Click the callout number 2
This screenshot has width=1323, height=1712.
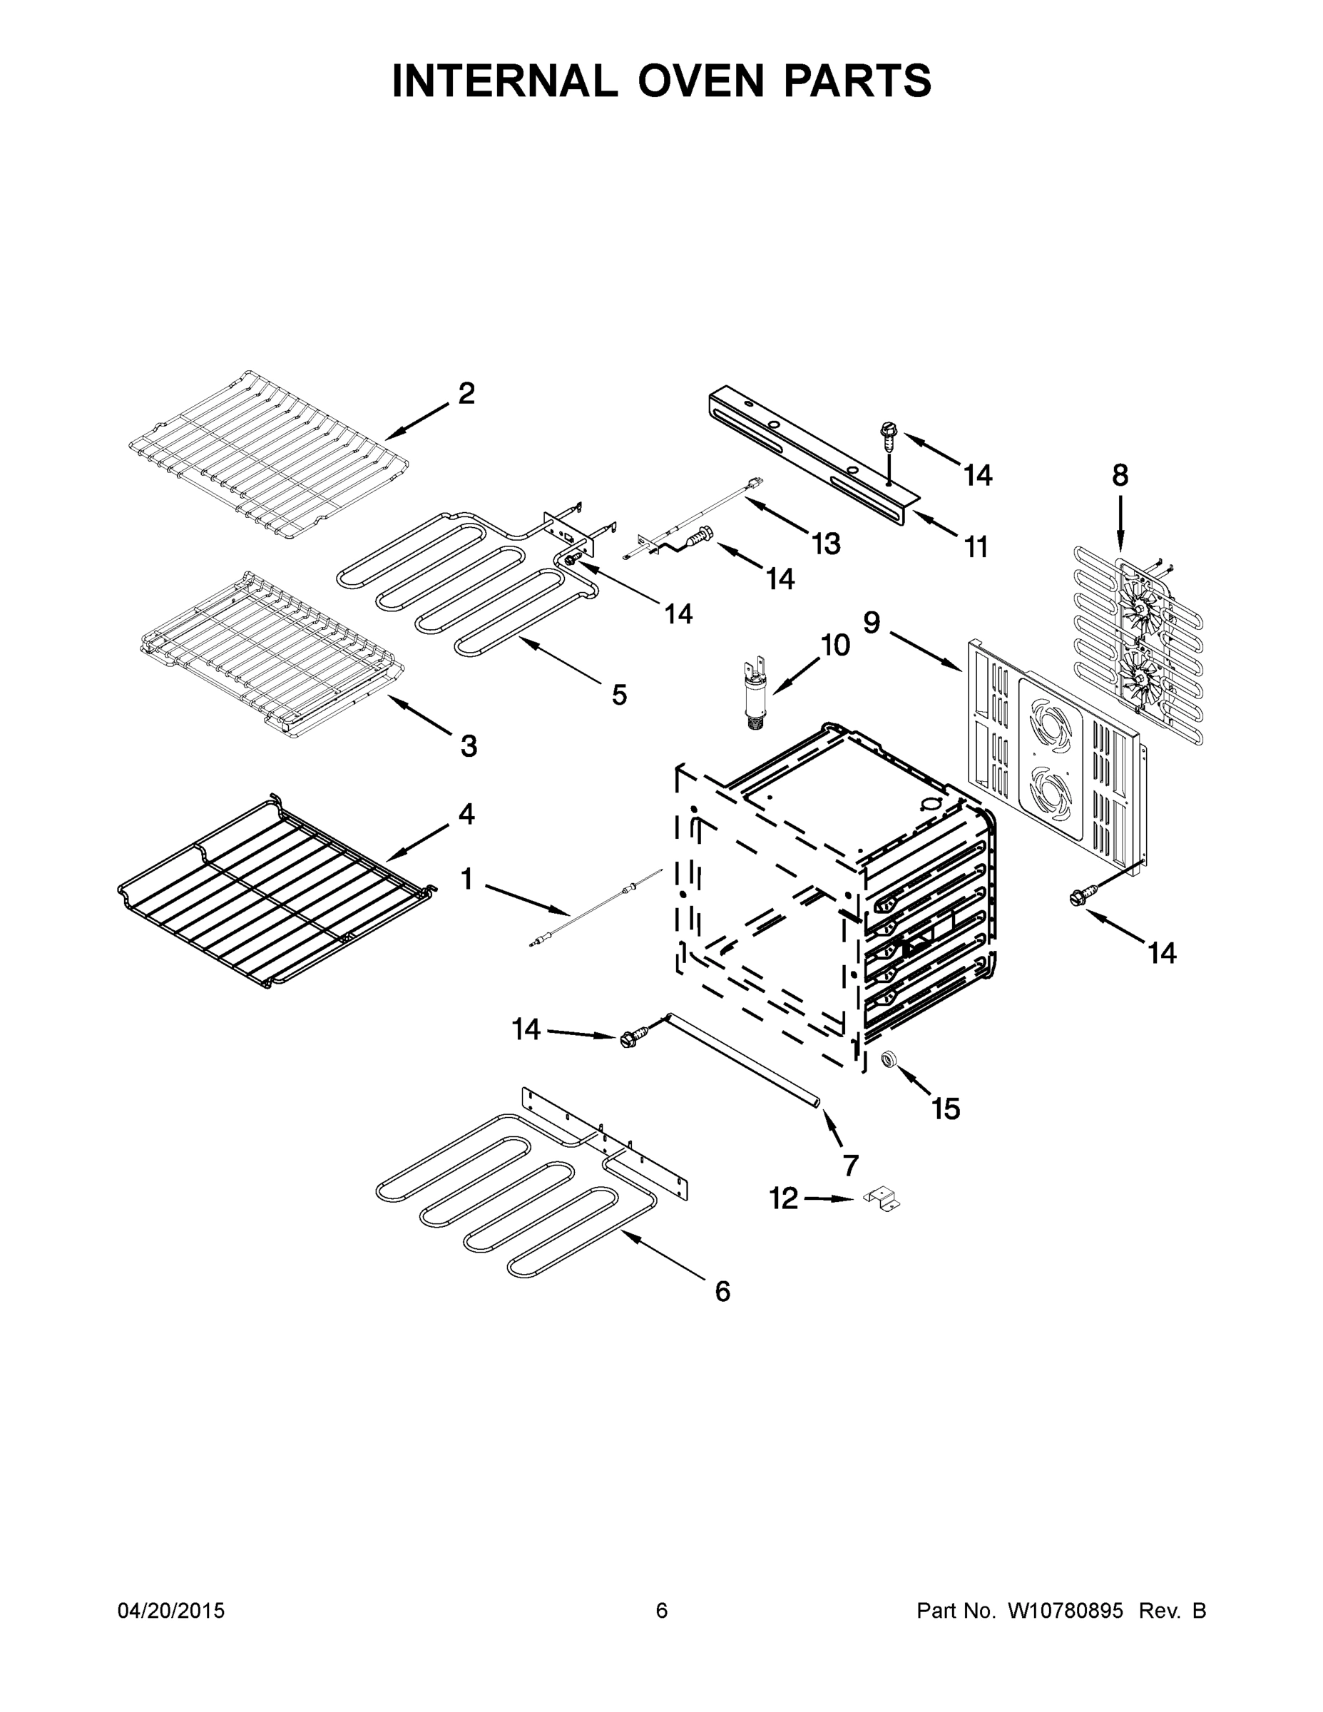(x=466, y=394)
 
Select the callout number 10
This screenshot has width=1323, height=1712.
(x=835, y=645)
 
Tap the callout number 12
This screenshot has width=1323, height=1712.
(x=783, y=1198)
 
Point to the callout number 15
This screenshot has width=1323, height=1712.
(x=945, y=1109)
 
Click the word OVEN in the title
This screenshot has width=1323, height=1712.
(x=699, y=81)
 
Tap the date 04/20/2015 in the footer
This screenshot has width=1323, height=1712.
(x=171, y=1611)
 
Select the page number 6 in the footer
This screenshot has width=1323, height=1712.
(x=662, y=1611)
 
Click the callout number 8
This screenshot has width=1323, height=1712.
(x=1120, y=475)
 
